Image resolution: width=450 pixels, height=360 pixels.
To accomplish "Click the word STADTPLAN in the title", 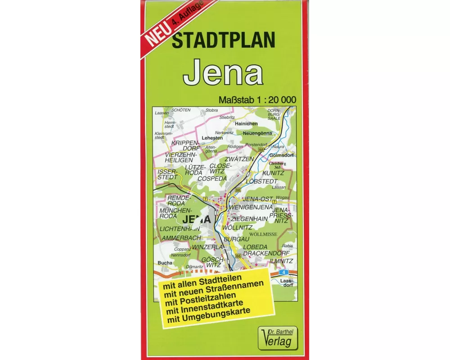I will tap(223, 41).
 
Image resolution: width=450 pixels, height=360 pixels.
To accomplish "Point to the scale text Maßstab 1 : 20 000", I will tap(257, 99).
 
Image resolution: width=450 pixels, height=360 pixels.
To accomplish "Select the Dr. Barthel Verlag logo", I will tap(278, 337).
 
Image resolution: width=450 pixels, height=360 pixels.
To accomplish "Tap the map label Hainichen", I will tap(246, 124).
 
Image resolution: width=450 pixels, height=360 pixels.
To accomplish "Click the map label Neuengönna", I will tap(257, 134).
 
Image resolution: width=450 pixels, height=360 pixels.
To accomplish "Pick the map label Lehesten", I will tap(212, 138).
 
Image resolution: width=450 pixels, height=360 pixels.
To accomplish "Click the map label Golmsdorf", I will tap(281, 156).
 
